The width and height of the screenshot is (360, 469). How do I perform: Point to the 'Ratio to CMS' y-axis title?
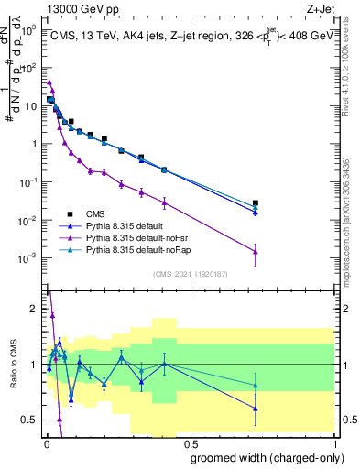(12, 365)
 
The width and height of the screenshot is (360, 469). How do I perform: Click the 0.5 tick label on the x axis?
(189, 442)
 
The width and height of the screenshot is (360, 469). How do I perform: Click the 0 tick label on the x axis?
(46, 442)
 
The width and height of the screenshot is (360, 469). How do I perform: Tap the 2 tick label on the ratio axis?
(33, 309)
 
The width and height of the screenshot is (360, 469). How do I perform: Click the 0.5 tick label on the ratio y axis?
(28, 420)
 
